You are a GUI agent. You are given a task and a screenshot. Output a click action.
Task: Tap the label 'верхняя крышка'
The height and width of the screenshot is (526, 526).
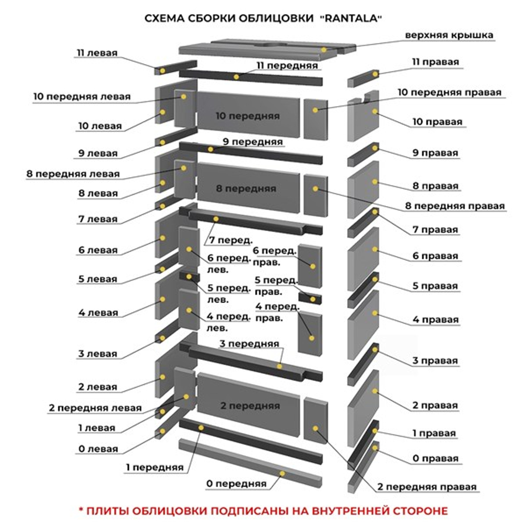coord(449,35)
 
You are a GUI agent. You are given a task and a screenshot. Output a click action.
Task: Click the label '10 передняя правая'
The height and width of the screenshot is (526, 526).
coord(449,92)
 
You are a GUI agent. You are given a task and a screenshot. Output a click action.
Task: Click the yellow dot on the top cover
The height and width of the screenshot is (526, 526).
coord(325,49)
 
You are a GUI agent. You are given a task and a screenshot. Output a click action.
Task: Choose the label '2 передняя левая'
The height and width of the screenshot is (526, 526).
coord(95,408)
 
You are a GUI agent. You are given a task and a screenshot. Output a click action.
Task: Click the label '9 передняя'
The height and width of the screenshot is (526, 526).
coord(252,141)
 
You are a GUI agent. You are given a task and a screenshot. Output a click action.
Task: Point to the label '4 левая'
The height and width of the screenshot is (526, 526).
coord(98,312)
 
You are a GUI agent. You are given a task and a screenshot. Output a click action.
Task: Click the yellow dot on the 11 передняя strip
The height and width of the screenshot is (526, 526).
coord(236,77)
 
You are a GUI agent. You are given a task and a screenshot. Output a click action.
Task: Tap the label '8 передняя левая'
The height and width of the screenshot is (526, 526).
coord(73,174)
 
